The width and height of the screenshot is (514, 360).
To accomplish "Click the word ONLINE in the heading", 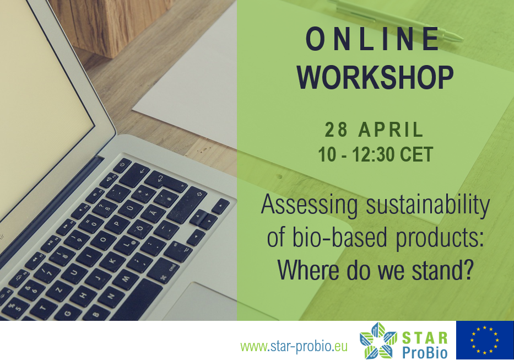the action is [x=372, y=39].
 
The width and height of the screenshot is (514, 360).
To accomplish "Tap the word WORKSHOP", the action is [x=375, y=77].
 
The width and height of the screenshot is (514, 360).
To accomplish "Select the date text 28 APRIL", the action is [x=374, y=130].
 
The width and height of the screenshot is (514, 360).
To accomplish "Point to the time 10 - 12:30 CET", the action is [x=376, y=154].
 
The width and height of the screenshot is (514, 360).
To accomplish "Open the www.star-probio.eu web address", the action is [x=294, y=346].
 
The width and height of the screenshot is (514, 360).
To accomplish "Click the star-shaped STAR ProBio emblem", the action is [x=378, y=340].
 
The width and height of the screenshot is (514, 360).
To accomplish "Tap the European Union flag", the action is [x=485, y=340].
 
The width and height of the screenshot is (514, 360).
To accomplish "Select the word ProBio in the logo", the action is [x=425, y=352].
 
